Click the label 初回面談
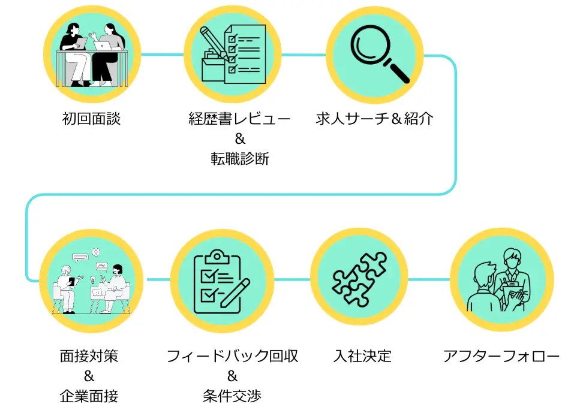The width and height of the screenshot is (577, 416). coord(91,119)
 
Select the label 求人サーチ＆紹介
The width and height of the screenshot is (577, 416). coord(375,119)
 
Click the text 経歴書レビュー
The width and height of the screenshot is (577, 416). coord(239,119)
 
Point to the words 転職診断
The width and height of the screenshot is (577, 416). coord(239,159)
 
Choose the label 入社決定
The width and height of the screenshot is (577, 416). coord(362,356)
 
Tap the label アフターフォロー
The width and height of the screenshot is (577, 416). coord(501,356)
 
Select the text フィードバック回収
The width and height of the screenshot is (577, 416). coord(233,356)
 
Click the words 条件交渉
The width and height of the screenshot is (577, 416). coord(233,396)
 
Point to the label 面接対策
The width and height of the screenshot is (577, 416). coord(89,356)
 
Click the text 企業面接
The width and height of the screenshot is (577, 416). coord(89,396)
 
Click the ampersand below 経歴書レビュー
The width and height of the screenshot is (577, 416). coord(240,139)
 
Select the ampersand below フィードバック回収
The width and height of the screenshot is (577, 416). coord(233,376)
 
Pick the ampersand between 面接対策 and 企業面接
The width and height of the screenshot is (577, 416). coord(89,376)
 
